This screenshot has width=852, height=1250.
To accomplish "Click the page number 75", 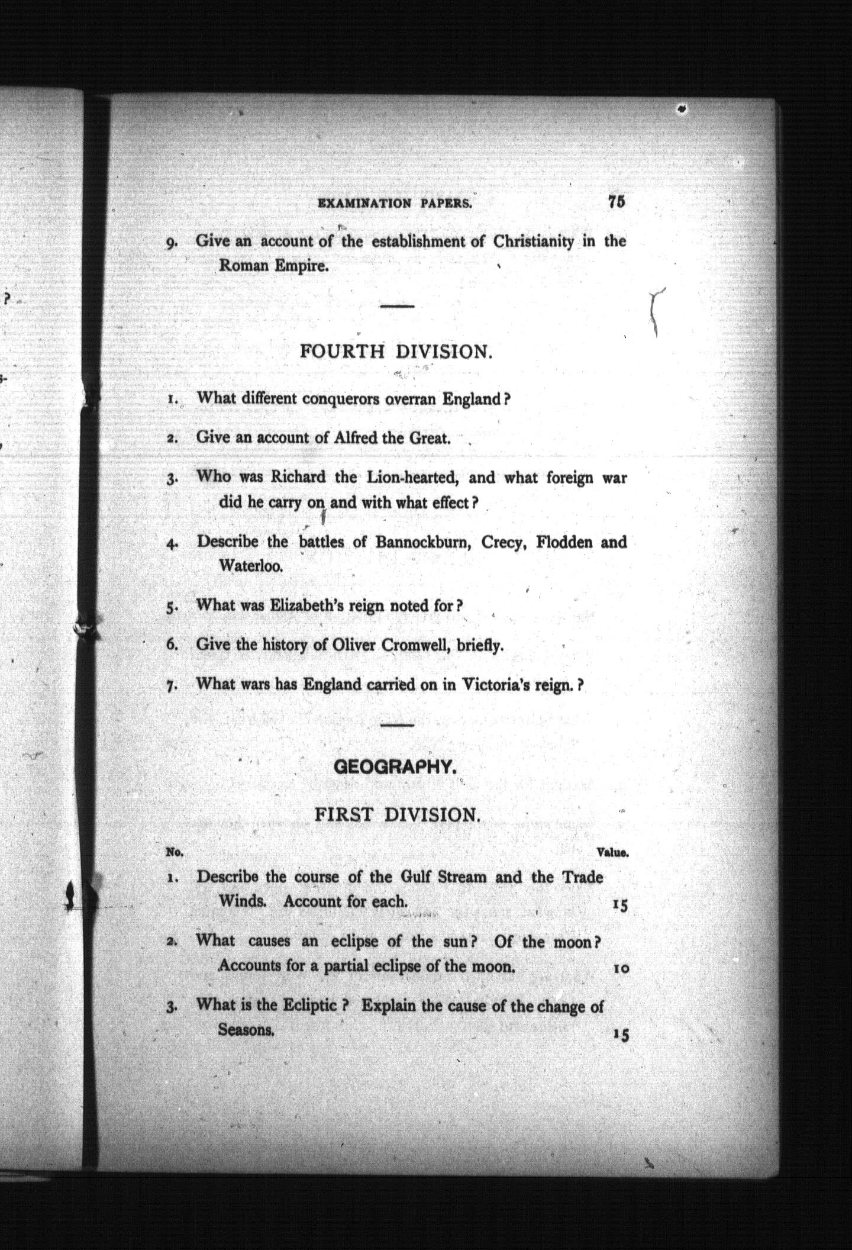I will click(615, 201).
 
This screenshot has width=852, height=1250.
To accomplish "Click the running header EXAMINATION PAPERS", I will click(395, 204).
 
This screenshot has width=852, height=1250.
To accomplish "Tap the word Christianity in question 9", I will click(533, 241).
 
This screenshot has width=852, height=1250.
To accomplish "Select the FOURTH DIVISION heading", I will click(395, 352).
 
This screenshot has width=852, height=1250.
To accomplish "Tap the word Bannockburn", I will click(422, 542).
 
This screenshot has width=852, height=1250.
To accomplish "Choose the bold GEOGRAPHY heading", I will click(395, 767).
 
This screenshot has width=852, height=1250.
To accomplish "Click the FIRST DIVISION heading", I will click(396, 815).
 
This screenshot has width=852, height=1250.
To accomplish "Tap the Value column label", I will click(612, 853).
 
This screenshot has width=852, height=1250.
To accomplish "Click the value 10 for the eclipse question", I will click(620, 969).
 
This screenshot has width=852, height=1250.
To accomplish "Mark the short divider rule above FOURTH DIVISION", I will click(396, 306).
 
